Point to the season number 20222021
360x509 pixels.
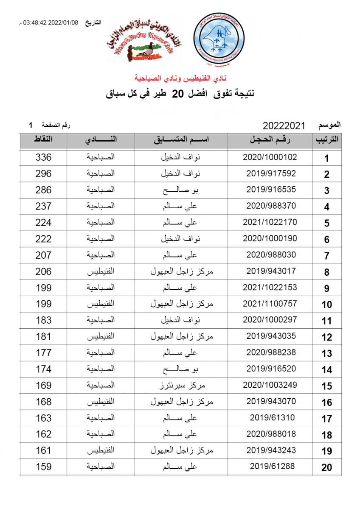pyautogui.click(x=284, y=126)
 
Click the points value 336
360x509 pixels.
pyautogui.click(x=43, y=157)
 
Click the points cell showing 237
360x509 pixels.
pyautogui.click(x=43, y=206)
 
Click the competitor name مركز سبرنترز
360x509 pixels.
pyautogui.click(x=181, y=385)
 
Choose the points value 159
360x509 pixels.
pyautogui.click(x=43, y=467)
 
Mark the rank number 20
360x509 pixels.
pyautogui.click(x=326, y=467)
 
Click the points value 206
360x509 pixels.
pyautogui.click(x=43, y=271)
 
